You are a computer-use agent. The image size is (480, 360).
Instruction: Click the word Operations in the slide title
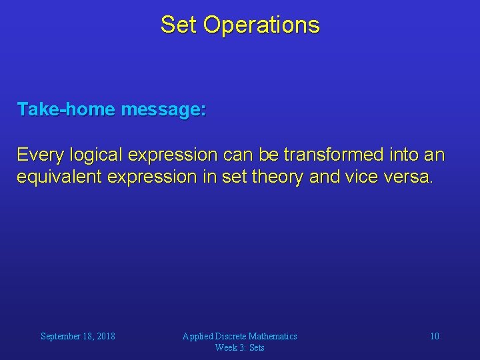point(261,25)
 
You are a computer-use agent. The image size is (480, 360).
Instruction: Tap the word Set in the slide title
point(179,25)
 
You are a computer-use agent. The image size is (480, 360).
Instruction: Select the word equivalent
point(59,178)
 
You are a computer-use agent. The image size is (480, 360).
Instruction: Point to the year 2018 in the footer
point(105,337)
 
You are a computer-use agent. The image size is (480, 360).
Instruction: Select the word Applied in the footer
point(198,337)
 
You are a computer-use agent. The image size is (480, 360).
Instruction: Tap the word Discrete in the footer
point(231,337)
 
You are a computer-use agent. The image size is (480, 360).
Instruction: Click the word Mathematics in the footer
point(273,337)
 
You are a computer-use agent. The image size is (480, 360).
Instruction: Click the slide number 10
point(434,337)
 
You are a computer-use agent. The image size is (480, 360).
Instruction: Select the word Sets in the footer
point(257,347)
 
